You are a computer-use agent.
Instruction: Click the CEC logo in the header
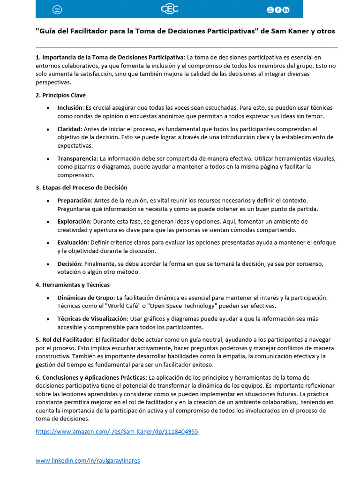pyautogui.click(x=169, y=9)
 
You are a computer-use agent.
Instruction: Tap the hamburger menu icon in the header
pyautogui.click(x=57, y=10)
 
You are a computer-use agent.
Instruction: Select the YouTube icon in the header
pyautogui.click(x=270, y=10)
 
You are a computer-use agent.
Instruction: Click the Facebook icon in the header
pyautogui.click(x=278, y=10)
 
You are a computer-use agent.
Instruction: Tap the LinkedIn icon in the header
pyautogui.click(x=286, y=10)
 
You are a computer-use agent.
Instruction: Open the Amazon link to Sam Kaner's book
pyautogui.click(x=117, y=431)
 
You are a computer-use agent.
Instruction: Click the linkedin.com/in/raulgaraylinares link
pyautogui.click(x=88, y=460)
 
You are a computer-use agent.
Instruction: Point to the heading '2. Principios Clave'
pyautogui.click(x=60, y=95)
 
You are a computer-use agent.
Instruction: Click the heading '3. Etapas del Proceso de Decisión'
pyautogui.click(x=81, y=187)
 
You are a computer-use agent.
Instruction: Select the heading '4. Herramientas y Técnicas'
pyautogui.click(x=72, y=285)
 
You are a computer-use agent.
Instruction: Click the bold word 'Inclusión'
pyautogui.click(x=70, y=108)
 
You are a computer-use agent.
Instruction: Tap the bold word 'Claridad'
pyautogui.click(x=69, y=129)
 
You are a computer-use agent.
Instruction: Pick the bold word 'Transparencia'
pyautogui.click(x=77, y=158)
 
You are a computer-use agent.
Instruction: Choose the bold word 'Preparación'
pyautogui.click(x=74, y=200)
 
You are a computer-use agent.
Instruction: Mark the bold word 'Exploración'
pyautogui.click(x=74, y=221)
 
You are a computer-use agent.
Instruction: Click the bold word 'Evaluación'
pyautogui.click(x=73, y=242)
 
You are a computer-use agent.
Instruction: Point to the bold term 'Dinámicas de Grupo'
pyautogui.click(x=85, y=297)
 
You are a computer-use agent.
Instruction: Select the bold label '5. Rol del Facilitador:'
pyautogui.click(x=64, y=339)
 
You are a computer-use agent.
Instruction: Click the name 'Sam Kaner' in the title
pyautogui.click(x=289, y=31)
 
